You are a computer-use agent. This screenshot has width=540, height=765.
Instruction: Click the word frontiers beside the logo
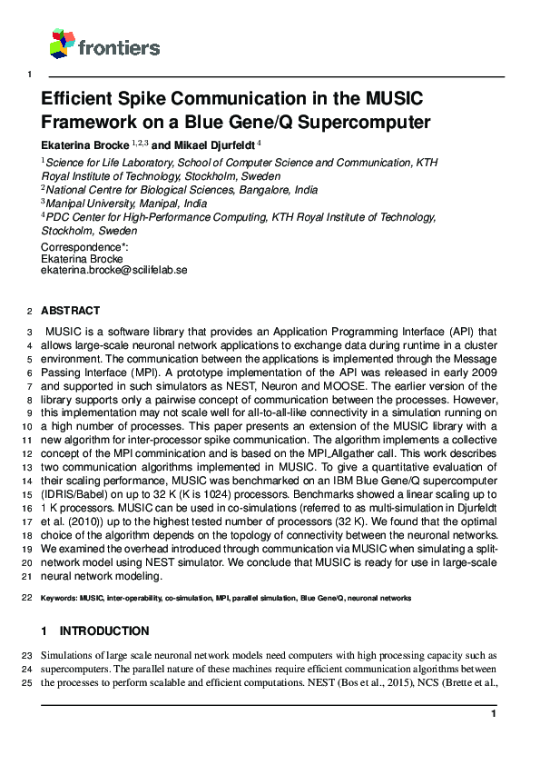coord(118,48)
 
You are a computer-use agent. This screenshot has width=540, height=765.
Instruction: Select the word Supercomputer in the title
coord(373,121)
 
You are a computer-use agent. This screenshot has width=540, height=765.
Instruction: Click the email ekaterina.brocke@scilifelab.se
coord(113,271)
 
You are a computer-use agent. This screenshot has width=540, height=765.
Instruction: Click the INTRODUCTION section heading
coord(104,631)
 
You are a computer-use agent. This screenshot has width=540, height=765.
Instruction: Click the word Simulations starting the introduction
coord(71,655)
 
